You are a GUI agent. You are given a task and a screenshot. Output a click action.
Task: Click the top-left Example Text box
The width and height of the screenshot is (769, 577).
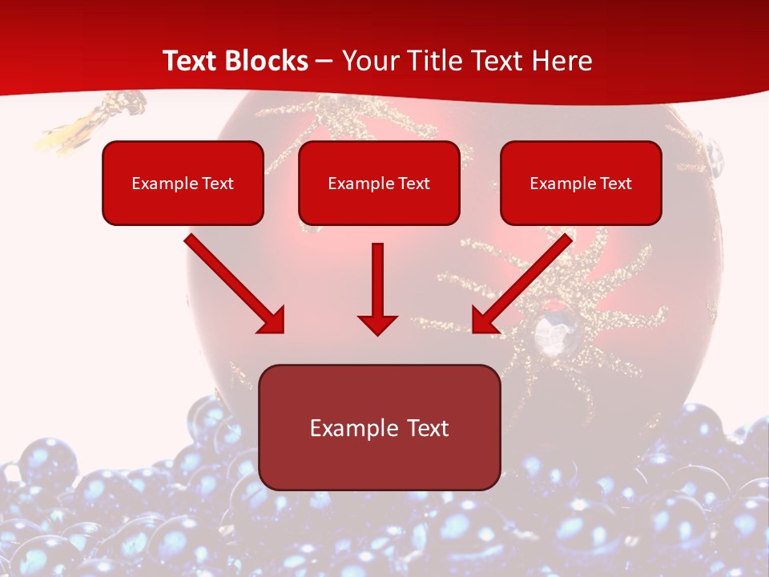pos(183,183)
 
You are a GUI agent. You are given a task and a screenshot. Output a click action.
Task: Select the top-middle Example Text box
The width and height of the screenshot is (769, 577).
pos(379,183)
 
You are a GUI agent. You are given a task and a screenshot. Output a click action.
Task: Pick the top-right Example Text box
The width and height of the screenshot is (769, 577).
pos(581,183)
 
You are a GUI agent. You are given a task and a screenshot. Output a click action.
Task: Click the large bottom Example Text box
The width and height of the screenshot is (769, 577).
pos(380,427)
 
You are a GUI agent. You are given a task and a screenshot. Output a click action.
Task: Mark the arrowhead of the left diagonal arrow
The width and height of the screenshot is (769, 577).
pos(272,321)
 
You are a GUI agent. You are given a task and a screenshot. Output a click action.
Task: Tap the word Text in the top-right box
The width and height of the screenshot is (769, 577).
pos(615,184)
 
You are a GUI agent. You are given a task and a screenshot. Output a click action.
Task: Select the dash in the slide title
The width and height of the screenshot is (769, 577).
pos(324,61)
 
